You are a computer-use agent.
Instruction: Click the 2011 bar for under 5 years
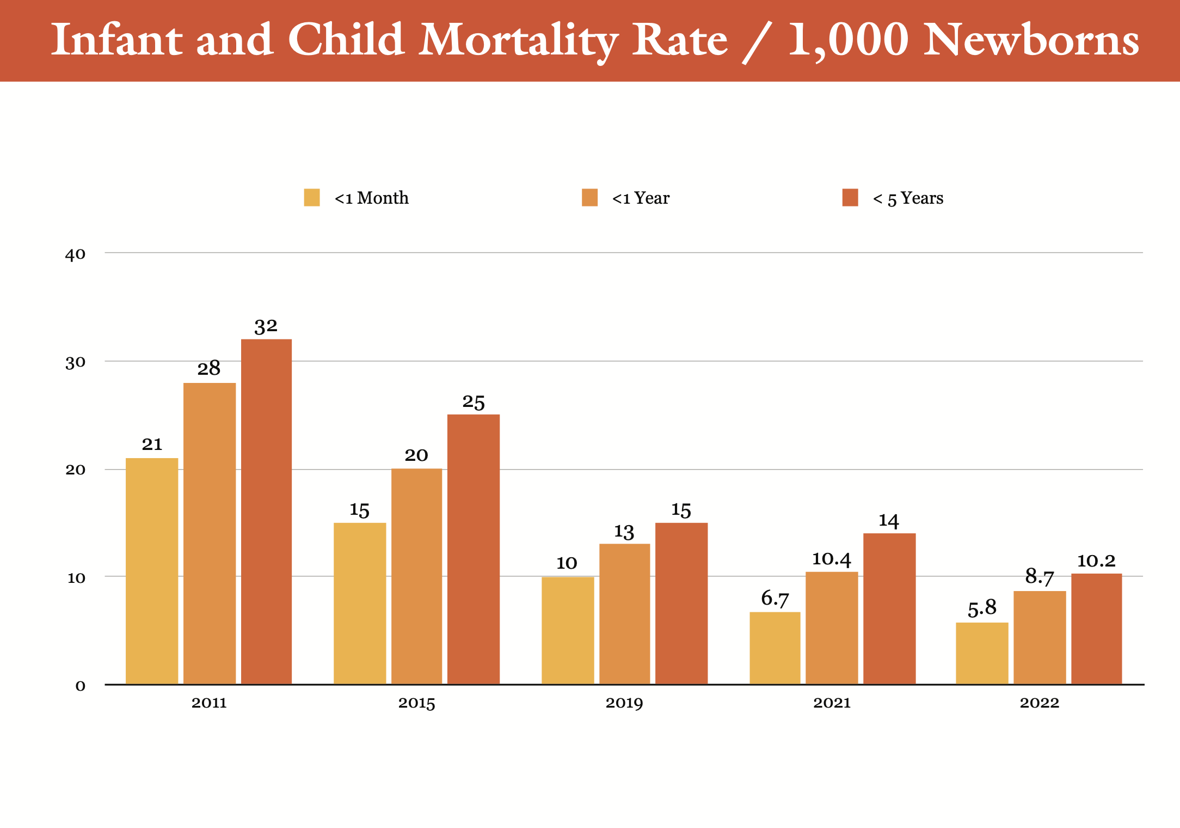tap(266, 512)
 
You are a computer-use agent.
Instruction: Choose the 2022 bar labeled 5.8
tap(982, 653)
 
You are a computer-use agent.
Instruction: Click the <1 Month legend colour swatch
tap(312, 198)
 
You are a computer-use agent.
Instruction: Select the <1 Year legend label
tap(641, 198)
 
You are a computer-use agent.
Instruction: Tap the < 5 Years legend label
tap(908, 198)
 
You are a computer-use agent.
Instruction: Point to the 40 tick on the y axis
tap(75, 254)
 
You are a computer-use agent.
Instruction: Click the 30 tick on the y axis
tap(75, 363)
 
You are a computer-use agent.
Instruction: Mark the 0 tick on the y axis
tap(80, 686)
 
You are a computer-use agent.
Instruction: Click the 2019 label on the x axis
tap(624, 703)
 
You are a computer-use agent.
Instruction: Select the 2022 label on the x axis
tap(1040, 703)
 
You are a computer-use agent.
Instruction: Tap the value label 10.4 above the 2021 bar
tap(831, 559)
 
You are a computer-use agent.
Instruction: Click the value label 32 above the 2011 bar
tap(266, 326)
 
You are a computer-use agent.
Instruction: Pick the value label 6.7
tap(775, 599)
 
